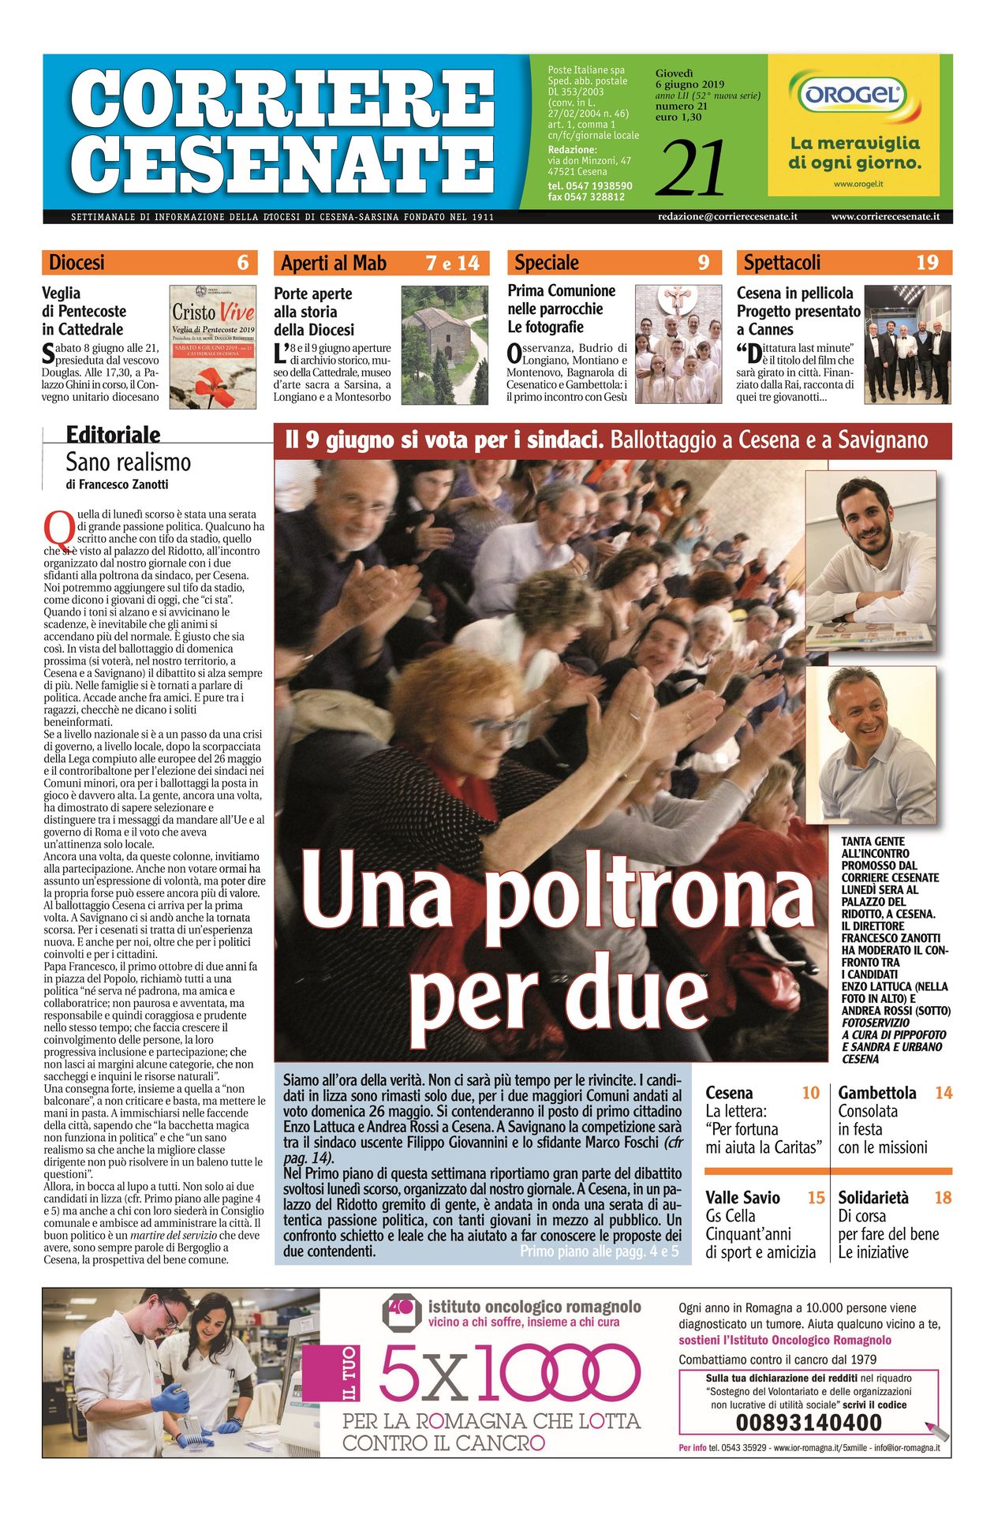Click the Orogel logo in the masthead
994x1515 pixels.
853,96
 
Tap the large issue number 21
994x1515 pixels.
690,168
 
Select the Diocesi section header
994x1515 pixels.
77,263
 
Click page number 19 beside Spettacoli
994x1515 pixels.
927,263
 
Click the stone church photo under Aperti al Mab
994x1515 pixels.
445,345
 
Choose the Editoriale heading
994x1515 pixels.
113,435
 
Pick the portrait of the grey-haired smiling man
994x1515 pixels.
870,745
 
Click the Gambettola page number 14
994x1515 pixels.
944,1093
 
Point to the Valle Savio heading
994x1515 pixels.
742,1197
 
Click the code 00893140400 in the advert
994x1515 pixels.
809,1422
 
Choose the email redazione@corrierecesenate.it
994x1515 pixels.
727,216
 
